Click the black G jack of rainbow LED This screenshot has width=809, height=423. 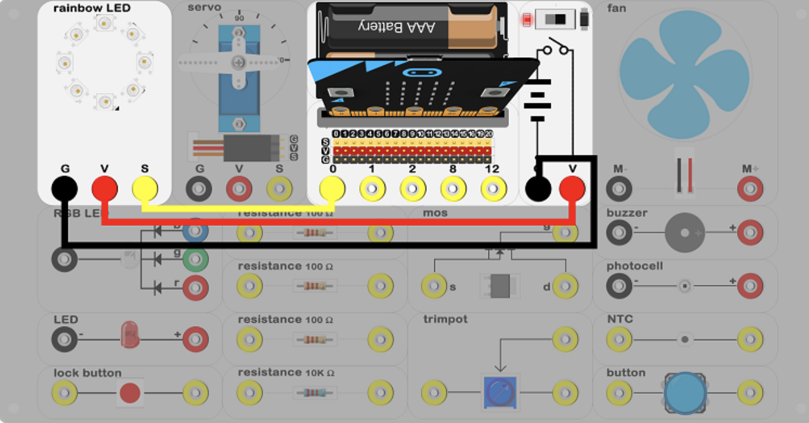tap(64, 188)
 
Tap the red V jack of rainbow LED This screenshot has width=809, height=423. tap(104, 188)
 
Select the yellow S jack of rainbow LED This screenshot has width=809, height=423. tap(144, 188)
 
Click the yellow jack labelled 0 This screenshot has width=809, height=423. tap(332, 188)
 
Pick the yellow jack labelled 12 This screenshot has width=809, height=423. tap(493, 188)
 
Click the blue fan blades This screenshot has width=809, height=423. tap(685, 75)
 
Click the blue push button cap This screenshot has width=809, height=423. tap(685, 393)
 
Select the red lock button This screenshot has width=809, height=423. tap(129, 393)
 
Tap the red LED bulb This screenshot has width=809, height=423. tap(130, 335)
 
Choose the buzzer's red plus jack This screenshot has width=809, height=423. tap(750, 233)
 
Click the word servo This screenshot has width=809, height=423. tap(204, 7)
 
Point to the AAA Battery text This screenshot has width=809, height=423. tap(396, 26)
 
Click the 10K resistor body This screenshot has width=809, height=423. tap(315, 393)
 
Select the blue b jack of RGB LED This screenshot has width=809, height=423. tap(195, 230)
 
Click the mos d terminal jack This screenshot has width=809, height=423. tap(565, 286)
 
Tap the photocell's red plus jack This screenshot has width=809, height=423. tap(750, 286)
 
